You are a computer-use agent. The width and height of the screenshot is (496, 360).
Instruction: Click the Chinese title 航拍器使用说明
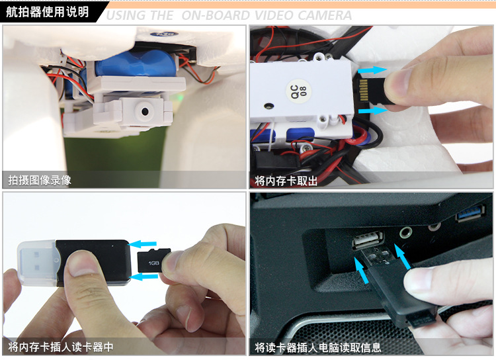(x=48, y=12)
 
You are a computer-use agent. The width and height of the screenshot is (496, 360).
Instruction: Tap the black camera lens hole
(x=145, y=111)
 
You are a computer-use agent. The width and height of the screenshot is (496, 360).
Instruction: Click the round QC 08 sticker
(x=299, y=91)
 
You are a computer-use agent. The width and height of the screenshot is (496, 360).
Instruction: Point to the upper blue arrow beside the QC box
(x=372, y=69)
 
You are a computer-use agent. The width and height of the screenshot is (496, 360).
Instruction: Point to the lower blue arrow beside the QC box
(x=372, y=111)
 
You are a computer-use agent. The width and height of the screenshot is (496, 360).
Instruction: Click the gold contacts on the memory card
(x=364, y=90)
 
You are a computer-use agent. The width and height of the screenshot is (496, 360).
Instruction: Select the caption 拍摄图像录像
(x=40, y=180)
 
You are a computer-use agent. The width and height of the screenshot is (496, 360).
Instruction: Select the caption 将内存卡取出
(x=286, y=181)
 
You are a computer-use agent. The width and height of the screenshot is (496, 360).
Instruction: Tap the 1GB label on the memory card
(x=153, y=263)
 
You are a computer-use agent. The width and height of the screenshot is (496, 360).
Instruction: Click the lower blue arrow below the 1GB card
(x=144, y=277)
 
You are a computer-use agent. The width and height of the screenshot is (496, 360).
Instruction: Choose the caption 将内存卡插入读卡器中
(x=60, y=347)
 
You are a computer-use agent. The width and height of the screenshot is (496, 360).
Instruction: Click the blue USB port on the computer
(x=471, y=212)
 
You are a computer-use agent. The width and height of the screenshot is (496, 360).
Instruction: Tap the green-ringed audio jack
(x=405, y=232)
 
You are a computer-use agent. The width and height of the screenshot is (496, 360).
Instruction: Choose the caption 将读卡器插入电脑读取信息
(x=318, y=347)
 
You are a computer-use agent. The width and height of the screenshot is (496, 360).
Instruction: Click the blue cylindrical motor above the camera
(x=137, y=64)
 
